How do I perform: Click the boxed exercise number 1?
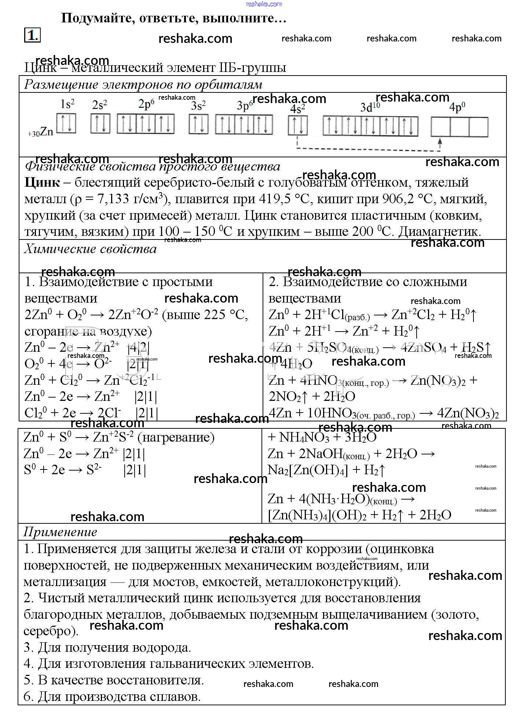pos(32,35)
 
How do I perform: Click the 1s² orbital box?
pos(66,123)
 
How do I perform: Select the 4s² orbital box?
pos(298,125)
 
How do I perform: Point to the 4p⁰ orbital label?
pos(457,107)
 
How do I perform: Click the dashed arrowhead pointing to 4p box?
pos(440,140)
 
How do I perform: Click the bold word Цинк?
pos(42,182)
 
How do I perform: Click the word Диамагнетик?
pos(439,231)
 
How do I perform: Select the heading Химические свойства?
pos(90,249)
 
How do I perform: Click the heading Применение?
pos(60,532)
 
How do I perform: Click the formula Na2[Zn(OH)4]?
pos(308,470)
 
